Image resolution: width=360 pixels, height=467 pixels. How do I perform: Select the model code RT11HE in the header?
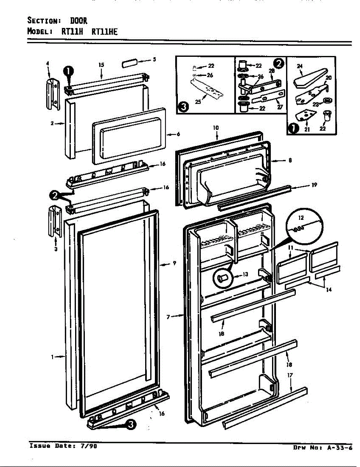tap(104, 32)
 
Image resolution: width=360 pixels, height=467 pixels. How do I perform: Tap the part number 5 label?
tap(154, 60)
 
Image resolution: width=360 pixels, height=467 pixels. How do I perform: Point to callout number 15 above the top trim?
tap(101, 65)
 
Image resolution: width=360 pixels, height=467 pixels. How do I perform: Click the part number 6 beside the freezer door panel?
tap(178, 134)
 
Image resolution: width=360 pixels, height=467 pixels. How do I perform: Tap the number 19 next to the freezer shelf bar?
tap(314, 185)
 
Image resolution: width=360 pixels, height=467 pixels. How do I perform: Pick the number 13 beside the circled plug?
tap(245, 274)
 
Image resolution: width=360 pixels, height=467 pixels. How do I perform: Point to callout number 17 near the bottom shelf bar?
tap(290, 376)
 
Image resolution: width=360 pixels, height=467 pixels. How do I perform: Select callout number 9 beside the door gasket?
tap(174, 263)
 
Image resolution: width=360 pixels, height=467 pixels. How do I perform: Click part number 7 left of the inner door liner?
tap(168, 317)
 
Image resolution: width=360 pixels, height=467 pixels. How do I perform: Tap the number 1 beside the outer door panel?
tap(53, 356)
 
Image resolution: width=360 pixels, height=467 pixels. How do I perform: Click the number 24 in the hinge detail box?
tap(300, 66)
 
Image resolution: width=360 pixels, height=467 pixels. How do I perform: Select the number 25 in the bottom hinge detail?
tap(198, 102)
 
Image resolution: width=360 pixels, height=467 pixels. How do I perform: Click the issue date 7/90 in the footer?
tap(90, 446)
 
